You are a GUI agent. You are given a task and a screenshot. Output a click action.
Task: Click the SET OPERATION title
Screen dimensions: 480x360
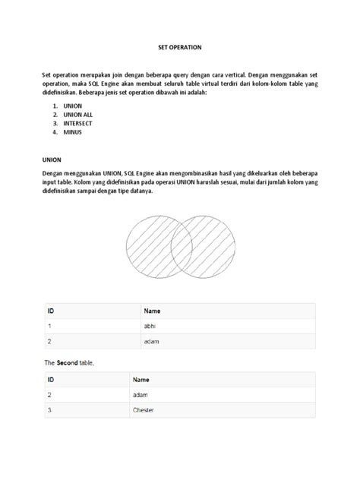180,46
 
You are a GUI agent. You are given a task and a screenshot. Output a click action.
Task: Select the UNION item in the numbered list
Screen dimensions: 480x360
73,106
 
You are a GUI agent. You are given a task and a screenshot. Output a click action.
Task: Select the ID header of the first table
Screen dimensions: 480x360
51,311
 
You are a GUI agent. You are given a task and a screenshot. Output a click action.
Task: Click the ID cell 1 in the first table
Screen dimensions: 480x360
49,326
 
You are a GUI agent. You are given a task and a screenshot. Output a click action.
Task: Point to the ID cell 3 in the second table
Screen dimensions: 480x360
49,410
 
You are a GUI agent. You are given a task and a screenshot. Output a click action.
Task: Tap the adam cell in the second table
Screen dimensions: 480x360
141,395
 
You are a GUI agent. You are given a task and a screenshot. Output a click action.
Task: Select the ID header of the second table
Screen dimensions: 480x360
51,379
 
